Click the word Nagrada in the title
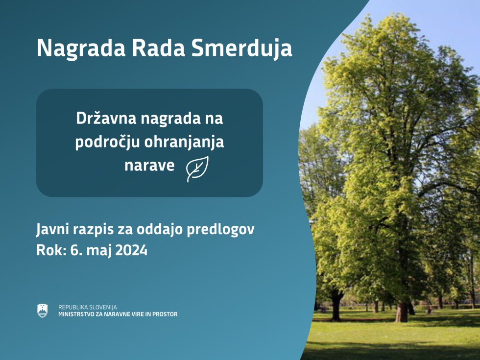click(x=81, y=48)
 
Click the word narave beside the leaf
click(x=149, y=166)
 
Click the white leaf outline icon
click(x=197, y=168)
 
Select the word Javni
click(x=52, y=230)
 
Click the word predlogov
click(x=220, y=230)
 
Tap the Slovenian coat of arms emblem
click(x=42, y=311)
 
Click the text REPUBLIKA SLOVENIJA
click(x=88, y=307)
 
